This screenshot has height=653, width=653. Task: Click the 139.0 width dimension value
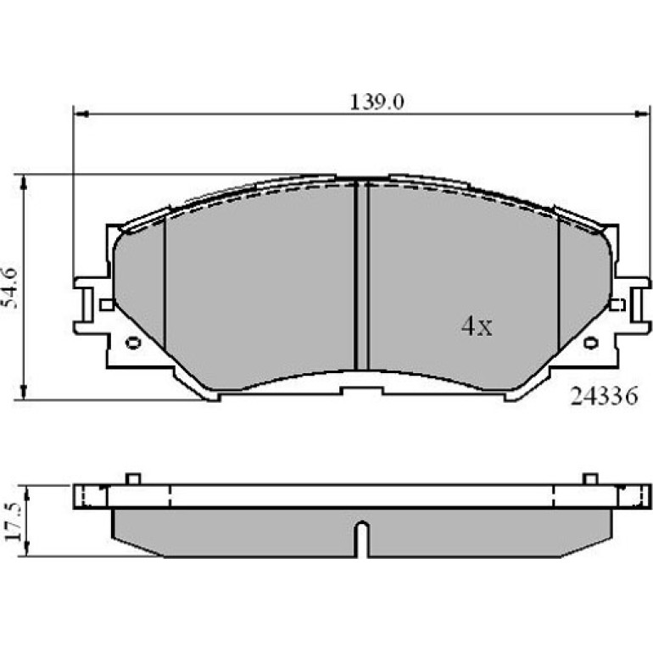pos(377,103)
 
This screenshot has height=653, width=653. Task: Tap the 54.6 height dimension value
pos(11,287)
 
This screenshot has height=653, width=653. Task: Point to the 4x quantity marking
pos(477,326)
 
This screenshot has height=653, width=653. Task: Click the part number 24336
pos(604,396)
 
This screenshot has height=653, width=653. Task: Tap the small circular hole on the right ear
pos(590,343)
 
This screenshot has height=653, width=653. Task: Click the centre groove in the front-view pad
pos(361,275)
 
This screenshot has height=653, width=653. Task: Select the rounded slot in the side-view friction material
pos(362,539)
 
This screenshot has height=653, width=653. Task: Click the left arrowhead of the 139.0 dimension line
pos(81,114)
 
